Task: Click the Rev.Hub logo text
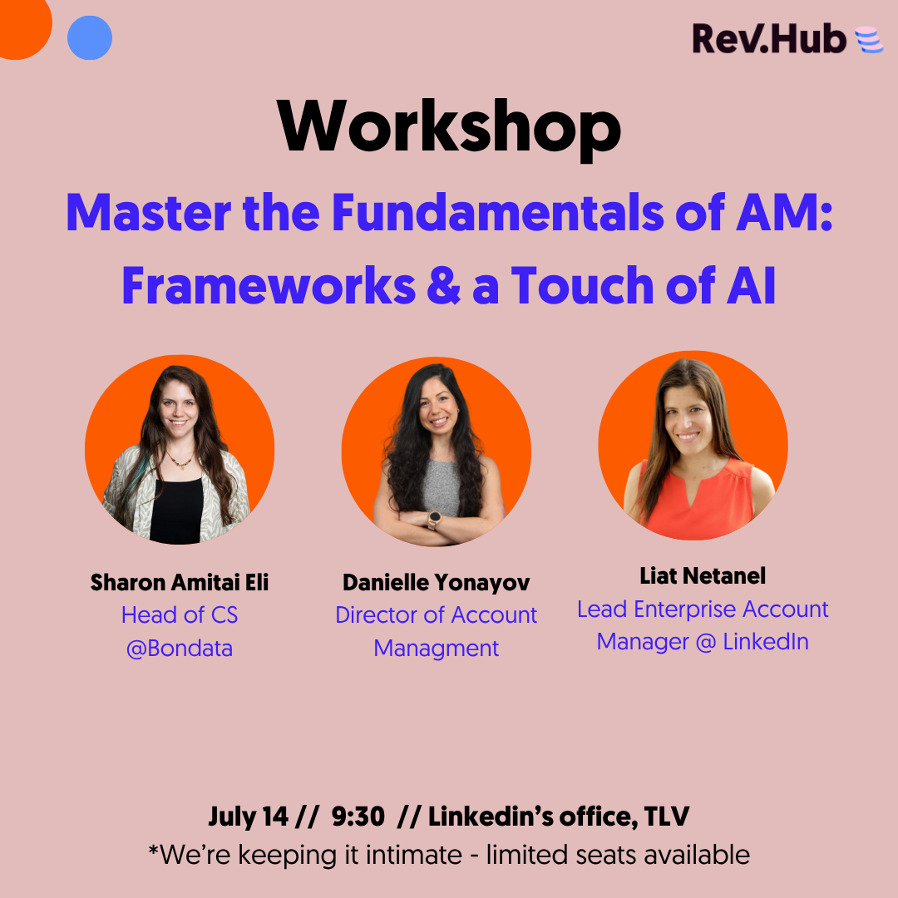click(x=769, y=38)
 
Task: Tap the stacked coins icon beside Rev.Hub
click(x=870, y=40)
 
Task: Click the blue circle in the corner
click(x=90, y=37)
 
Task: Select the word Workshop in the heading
click(x=449, y=127)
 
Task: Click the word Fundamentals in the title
click(x=497, y=213)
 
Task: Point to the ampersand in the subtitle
click(x=443, y=285)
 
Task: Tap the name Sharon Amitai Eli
click(x=180, y=582)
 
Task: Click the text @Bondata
click(x=180, y=649)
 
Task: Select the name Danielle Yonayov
click(x=437, y=583)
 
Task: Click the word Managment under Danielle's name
click(x=437, y=649)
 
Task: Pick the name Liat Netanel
click(x=703, y=576)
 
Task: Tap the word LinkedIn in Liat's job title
click(x=766, y=641)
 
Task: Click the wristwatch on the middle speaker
click(x=435, y=519)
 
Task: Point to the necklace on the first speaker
click(x=180, y=460)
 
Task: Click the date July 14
click(x=248, y=817)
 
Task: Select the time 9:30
click(x=358, y=817)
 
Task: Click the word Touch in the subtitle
click(x=582, y=285)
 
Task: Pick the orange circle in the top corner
click(x=23, y=26)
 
